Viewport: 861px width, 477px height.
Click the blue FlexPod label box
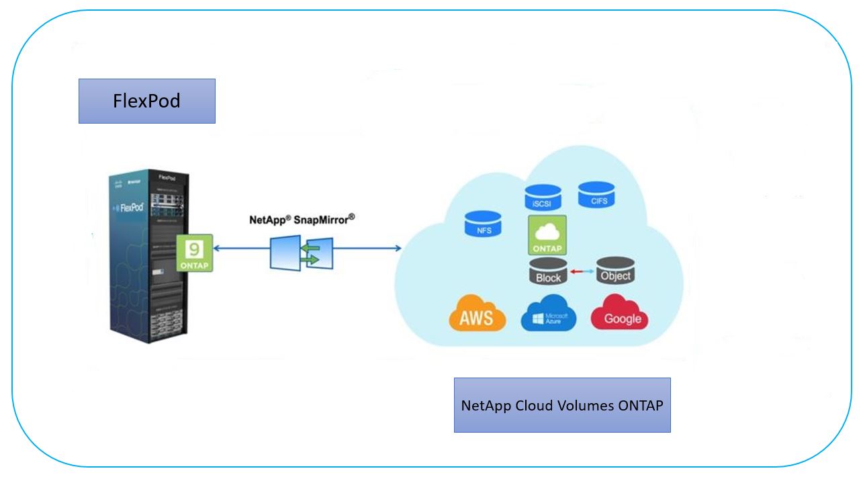[x=146, y=101]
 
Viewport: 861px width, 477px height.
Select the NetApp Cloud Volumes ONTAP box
[x=562, y=404]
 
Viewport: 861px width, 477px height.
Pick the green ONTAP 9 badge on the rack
[x=195, y=253]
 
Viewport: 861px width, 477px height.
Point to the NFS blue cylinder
[x=484, y=224]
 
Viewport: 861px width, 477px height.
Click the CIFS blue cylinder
[x=597, y=195]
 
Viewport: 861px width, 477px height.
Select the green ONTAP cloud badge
[x=547, y=235]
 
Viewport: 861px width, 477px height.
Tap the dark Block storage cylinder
[x=548, y=271]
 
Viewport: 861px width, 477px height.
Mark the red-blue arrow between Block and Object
[x=582, y=271]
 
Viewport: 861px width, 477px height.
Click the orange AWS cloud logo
[x=475, y=314]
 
